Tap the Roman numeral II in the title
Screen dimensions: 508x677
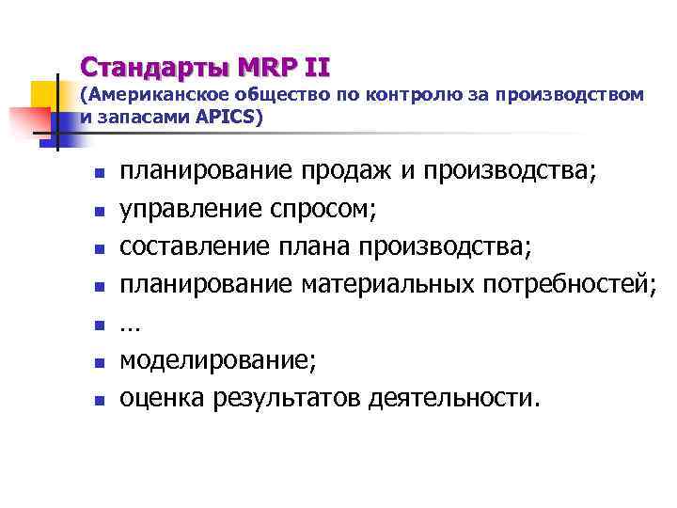click(315, 68)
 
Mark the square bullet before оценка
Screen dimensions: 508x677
click(97, 400)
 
